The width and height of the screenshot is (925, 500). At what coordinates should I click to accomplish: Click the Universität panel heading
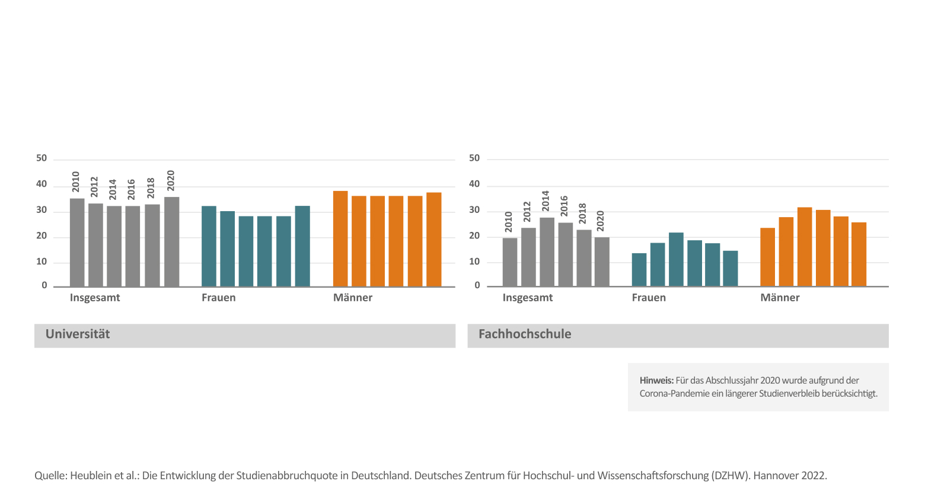(x=78, y=335)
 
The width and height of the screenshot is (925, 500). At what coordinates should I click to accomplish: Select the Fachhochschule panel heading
(x=525, y=335)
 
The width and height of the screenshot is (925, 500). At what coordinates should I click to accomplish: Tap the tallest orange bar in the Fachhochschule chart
(x=805, y=247)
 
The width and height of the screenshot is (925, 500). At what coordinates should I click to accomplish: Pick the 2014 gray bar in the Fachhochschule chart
(x=547, y=252)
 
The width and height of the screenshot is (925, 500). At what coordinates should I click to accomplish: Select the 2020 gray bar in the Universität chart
(x=172, y=242)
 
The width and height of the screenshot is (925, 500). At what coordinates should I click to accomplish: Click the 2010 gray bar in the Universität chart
(x=77, y=243)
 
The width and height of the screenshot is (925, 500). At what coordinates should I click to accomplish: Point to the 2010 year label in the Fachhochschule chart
(x=509, y=222)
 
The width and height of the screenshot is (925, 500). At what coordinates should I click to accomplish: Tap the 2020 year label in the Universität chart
(x=171, y=180)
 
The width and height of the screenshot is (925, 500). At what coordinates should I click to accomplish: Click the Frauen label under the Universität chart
(x=218, y=298)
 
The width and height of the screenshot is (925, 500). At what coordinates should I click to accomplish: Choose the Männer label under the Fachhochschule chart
(x=780, y=298)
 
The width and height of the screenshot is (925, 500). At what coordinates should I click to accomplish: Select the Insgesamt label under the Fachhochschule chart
(x=527, y=298)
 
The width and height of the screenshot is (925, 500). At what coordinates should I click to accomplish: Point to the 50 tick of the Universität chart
(x=42, y=158)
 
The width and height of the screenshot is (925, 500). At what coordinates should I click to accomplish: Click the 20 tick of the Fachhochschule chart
(x=474, y=236)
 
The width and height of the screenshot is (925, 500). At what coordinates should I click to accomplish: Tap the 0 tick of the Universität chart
(x=44, y=285)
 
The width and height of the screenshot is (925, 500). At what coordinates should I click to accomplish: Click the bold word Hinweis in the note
(x=656, y=381)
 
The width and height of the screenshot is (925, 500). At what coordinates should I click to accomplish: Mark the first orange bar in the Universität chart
(x=340, y=239)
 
